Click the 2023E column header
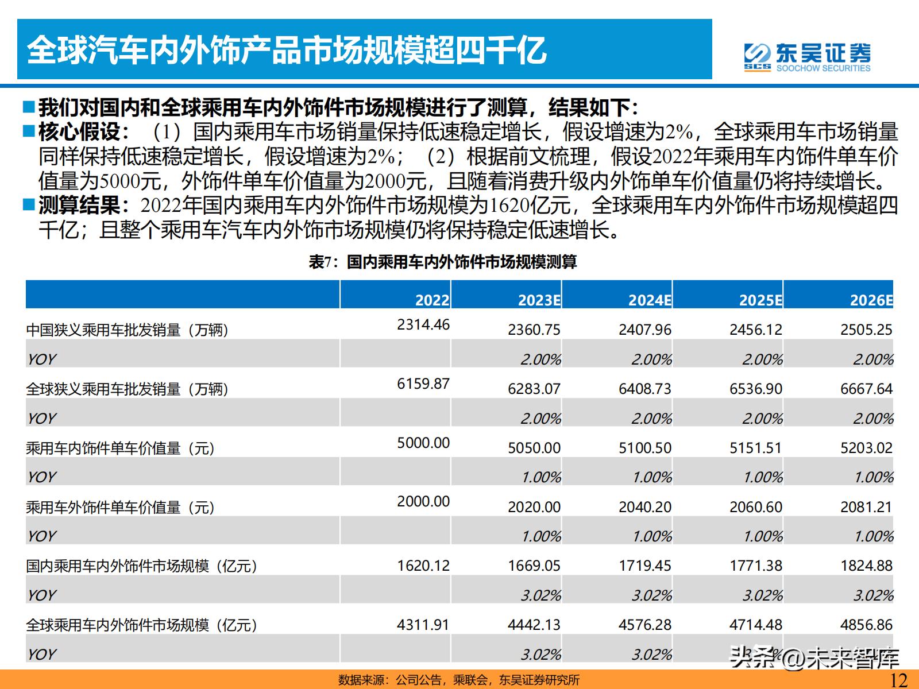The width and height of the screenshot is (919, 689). [x=539, y=300]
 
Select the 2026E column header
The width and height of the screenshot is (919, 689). [x=871, y=300]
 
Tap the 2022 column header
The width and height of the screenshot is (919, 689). [x=432, y=300]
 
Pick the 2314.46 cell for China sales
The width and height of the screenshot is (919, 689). [x=423, y=324]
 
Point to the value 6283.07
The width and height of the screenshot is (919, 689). [x=534, y=389]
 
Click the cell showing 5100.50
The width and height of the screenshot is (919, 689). [x=644, y=448]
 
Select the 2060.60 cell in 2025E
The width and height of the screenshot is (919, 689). [x=755, y=507]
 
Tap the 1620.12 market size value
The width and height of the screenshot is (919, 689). [x=423, y=566]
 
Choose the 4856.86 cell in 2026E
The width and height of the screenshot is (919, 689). [x=866, y=625]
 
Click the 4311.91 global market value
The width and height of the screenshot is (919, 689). [x=423, y=625]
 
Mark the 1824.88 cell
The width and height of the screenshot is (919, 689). [x=866, y=566]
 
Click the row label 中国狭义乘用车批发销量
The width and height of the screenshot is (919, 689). [x=127, y=330]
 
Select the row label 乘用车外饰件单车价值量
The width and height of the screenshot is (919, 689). [x=120, y=508]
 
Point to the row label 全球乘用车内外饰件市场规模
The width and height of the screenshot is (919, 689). [x=141, y=625]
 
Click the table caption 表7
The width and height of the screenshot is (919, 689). [x=442, y=262]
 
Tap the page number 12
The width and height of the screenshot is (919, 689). [x=898, y=680]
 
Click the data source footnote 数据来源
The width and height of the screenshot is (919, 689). [x=459, y=680]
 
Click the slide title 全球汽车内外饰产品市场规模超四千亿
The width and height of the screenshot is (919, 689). [x=287, y=50]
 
